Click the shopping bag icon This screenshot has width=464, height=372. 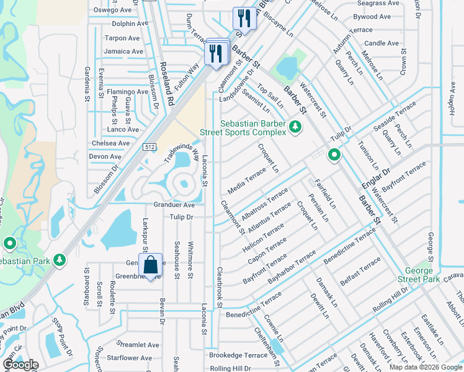tap(150, 266)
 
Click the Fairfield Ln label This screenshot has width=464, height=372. tap(325, 193)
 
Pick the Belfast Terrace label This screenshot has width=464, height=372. tap(360, 270)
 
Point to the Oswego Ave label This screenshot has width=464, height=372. tap(113, 10)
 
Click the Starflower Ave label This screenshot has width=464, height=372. tap(129, 358)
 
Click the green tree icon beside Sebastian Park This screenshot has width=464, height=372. tap(60, 260)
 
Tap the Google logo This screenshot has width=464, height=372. tap(20, 365)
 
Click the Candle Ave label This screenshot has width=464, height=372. tap(381, 43)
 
